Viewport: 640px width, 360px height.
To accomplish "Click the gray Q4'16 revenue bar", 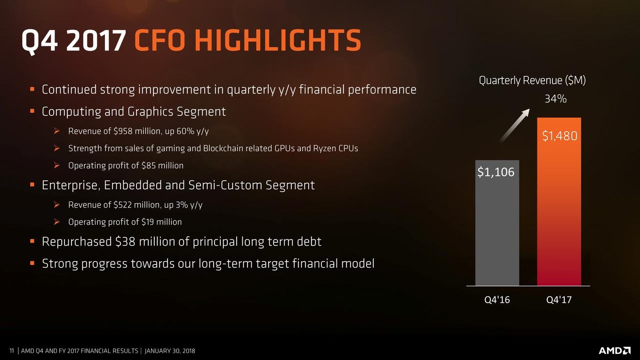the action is [497, 223].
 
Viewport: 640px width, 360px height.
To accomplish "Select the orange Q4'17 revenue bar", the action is [559, 201].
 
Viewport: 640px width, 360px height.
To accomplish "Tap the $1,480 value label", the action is [560, 136].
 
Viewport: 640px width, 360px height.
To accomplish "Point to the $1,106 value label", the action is [496, 172].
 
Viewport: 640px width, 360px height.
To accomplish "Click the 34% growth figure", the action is [555, 99].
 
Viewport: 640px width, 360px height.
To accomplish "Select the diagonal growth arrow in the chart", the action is [514, 125].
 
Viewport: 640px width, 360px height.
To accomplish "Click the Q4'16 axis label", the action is [497, 300].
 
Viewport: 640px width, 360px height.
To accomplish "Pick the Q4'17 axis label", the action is [559, 300].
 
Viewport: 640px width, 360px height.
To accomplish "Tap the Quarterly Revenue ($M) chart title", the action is [532, 80].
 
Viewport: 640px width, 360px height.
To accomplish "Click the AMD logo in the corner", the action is [614, 351].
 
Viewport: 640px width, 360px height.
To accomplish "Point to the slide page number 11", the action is [12, 351].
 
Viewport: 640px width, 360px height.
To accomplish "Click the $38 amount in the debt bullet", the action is [125, 242].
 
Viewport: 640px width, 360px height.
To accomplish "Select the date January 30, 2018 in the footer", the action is [170, 351].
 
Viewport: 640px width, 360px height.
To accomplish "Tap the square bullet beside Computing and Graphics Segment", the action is [32, 111].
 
